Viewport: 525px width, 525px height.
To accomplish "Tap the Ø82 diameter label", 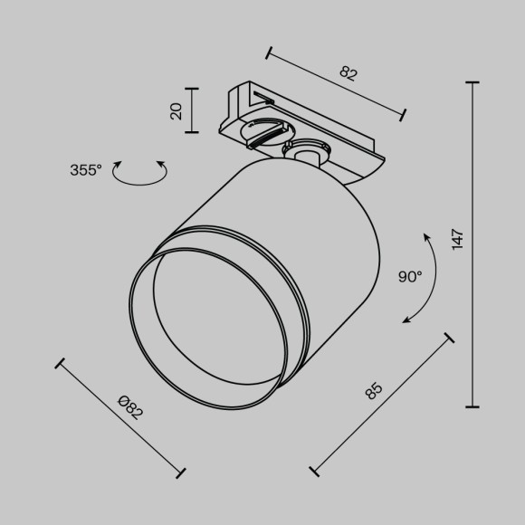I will tap(132, 409).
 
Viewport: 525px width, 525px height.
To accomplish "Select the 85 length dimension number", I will tap(373, 391).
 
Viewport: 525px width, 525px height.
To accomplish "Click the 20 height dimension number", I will tap(177, 110).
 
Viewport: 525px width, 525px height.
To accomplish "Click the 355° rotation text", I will tap(86, 169).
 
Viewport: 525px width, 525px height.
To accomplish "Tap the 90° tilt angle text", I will tap(409, 277).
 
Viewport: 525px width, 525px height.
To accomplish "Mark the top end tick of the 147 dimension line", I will tap(472, 82).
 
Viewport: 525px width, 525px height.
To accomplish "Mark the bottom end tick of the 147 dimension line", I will tap(472, 406).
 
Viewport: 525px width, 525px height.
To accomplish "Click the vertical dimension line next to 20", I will tap(192, 110).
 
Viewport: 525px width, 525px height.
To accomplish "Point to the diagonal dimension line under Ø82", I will tap(121, 417).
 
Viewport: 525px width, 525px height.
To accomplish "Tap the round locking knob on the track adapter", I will tap(262, 133).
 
